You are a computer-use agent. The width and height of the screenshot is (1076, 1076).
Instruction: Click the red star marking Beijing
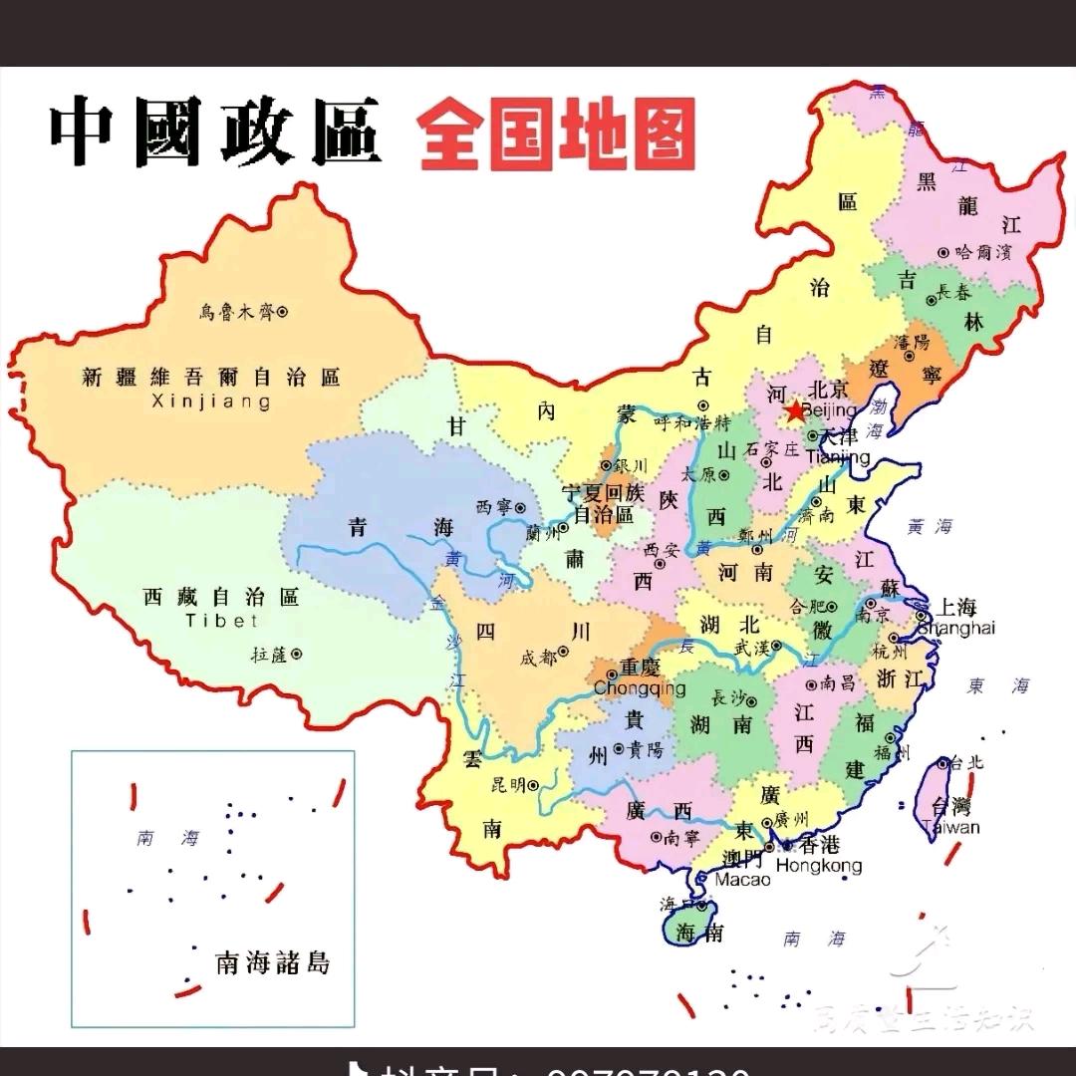click(x=794, y=410)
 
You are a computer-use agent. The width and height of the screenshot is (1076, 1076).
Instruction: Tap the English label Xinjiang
click(x=210, y=403)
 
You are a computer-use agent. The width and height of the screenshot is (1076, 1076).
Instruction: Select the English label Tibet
click(x=221, y=621)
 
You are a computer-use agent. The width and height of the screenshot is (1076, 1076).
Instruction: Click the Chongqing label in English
click(x=640, y=688)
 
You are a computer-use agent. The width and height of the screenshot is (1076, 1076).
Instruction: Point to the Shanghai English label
click(x=955, y=628)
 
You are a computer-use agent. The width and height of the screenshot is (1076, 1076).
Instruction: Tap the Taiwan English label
click(x=950, y=827)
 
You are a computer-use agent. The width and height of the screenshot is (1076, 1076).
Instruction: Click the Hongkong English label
click(x=818, y=866)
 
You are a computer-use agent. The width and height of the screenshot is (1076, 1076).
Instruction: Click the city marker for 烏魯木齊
click(x=282, y=312)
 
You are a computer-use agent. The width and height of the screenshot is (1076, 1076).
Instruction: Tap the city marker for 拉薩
click(x=296, y=655)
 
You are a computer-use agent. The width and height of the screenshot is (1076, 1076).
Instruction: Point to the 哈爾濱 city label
click(x=982, y=253)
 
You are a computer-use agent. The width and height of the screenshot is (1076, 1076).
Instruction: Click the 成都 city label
click(x=538, y=658)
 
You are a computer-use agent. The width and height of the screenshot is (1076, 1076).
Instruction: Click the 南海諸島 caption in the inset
click(x=272, y=962)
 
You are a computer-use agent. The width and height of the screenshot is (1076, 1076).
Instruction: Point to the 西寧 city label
click(x=494, y=507)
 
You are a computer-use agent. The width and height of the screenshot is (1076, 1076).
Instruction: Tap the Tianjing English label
click(x=838, y=457)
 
